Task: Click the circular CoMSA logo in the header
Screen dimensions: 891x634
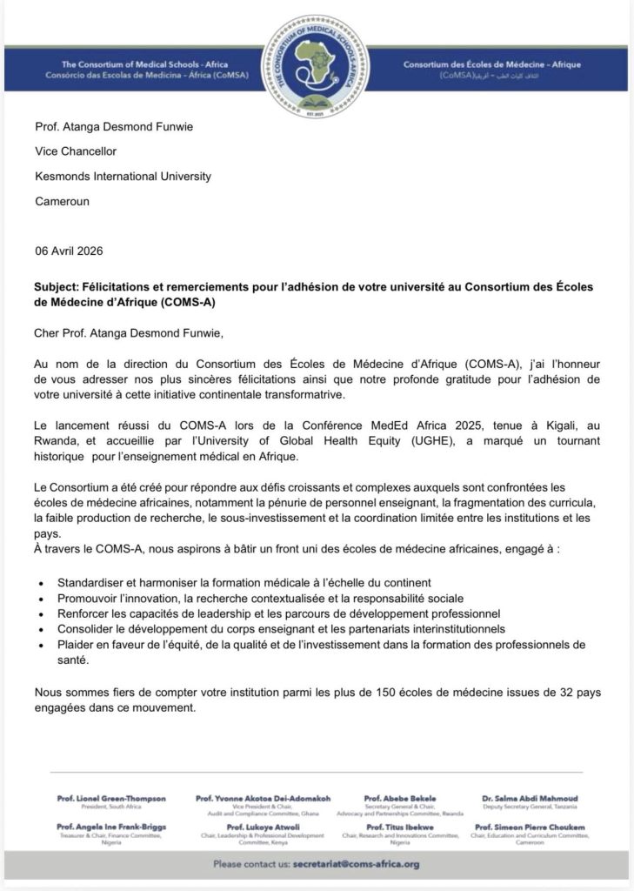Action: coord(316,66)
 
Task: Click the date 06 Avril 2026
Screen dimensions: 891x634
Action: coord(69,251)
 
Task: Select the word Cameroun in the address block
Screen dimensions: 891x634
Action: coord(63,201)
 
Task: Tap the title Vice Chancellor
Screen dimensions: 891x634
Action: coord(76,151)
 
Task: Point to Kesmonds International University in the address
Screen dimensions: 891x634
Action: coord(123,176)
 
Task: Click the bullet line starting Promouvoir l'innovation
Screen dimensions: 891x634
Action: coord(249,598)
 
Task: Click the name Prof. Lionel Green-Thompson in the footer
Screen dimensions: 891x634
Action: coord(111,798)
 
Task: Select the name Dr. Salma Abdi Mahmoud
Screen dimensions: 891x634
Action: coord(530,798)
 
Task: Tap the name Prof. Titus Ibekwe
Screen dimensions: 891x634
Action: coord(400,827)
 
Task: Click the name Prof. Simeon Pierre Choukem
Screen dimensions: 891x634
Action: coord(530,827)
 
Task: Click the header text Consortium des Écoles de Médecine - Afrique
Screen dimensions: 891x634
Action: coord(492,65)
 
